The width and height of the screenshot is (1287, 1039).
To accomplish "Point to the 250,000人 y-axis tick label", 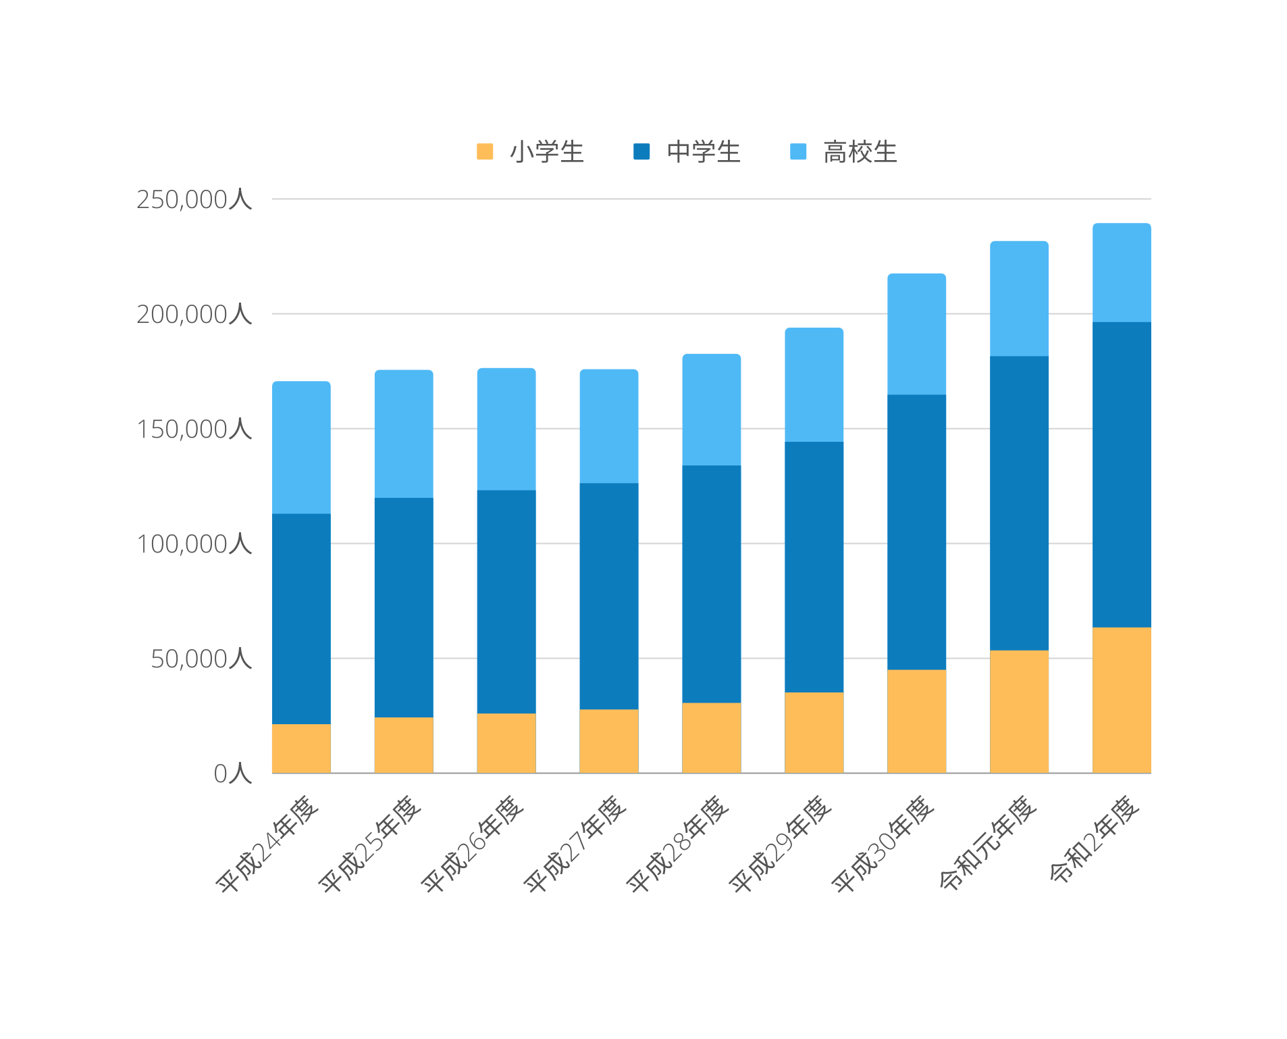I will pos(194,199).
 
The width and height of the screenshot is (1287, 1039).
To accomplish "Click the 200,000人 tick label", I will pos(194,314).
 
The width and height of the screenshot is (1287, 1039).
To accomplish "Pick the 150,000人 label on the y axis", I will pos(194,429).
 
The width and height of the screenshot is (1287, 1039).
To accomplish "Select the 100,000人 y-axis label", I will pos(194,544).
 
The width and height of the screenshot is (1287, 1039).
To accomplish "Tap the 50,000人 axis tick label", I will pos(201,659).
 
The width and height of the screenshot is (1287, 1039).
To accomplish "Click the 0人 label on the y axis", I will pos(232,774).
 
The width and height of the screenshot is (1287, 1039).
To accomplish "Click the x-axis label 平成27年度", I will pos(576,844).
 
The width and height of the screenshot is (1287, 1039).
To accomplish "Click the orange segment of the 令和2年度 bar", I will pos(1122,700).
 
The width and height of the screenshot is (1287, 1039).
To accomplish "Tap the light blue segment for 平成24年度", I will pos(301,447).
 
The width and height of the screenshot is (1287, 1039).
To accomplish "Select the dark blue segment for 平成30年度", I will pos(916,532).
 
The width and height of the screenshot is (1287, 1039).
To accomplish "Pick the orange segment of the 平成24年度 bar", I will pos(301,748).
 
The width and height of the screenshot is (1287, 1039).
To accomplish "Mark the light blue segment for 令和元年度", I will pos(1019,299).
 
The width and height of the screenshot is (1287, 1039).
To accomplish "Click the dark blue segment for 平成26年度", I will pos(506,601).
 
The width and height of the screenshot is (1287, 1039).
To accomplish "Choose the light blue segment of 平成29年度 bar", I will pos(814,384).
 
